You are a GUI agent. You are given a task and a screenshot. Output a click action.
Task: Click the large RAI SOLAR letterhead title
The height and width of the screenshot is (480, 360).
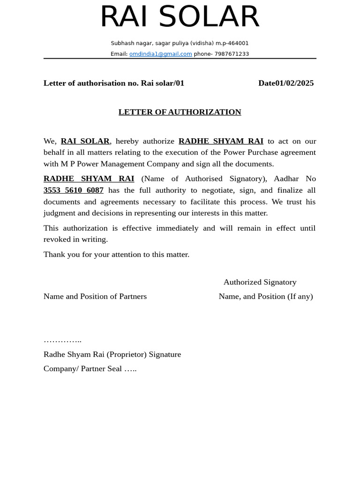pos(180,17)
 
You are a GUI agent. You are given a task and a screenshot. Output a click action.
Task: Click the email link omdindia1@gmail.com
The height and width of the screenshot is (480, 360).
pos(160,54)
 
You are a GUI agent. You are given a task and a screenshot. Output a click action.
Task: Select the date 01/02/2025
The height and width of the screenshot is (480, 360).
pos(294,83)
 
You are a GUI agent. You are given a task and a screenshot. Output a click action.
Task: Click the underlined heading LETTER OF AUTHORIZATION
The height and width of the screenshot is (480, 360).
pos(180,112)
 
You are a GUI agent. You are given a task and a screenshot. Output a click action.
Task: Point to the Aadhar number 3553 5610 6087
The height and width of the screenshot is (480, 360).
pos(74,190)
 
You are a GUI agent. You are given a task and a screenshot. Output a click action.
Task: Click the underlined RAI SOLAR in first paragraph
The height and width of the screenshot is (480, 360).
pos(85,141)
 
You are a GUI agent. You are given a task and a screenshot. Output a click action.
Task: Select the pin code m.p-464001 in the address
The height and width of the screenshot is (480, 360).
pos(232,43)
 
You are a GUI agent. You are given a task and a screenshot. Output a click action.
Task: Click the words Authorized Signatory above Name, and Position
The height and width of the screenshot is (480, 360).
pos(260,282)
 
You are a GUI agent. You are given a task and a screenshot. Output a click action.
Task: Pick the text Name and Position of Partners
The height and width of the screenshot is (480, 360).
pos(95,296)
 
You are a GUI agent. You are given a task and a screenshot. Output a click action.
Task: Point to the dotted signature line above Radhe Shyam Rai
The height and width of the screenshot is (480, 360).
pos(62,340)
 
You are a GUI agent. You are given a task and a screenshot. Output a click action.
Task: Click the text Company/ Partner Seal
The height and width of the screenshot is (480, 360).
pos(82,368)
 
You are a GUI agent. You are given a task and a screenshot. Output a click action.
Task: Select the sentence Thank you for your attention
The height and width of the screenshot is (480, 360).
pos(116,255)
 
